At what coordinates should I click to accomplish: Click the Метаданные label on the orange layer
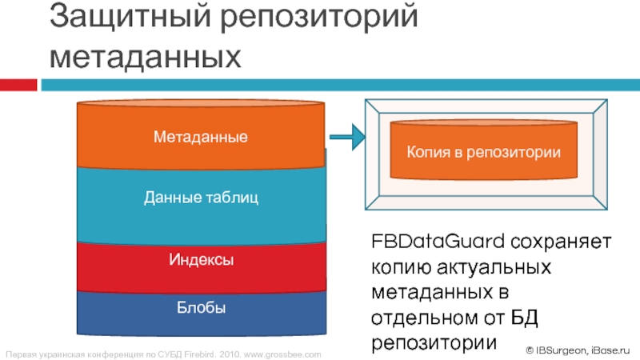tap(201, 138)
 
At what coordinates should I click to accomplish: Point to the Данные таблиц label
tap(201, 197)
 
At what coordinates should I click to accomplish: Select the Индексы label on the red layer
tap(201, 260)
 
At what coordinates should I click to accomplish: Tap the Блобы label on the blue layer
tap(201, 307)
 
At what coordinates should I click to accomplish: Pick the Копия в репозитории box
tap(483, 150)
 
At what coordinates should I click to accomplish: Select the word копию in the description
tap(397, 265)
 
